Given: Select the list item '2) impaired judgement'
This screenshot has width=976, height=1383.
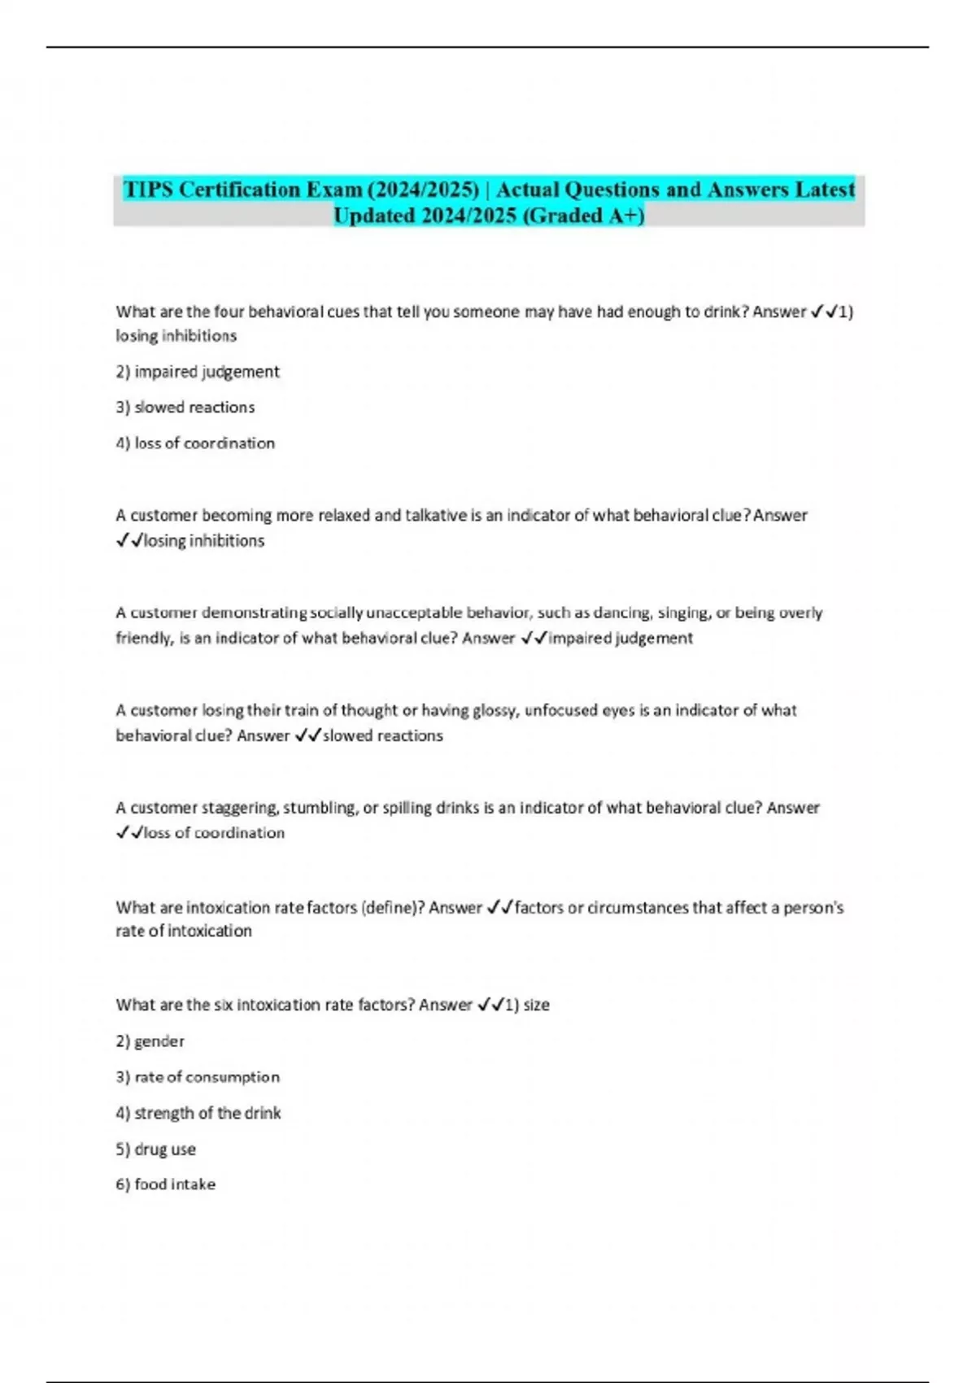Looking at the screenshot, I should pyautogui.click(x=198, y=372).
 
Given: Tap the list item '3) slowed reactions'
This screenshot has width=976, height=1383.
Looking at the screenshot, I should pyautogui.click(x=185, y=408).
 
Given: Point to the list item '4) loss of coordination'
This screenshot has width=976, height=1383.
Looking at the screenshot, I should pyautogui.click(x=195, y=443).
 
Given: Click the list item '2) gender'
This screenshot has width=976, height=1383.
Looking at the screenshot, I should pyautogui.click(x=150, y=1041).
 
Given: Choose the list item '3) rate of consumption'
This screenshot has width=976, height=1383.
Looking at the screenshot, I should pyautogui.click(x=198, y=1077).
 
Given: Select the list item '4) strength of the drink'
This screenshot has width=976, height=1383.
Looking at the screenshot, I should pyautogui.click(x=198, y=1113).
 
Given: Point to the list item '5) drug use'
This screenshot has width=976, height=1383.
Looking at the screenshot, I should pyautogui.click(x=156, y=1150).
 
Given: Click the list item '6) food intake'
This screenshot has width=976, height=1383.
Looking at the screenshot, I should pyautogui.click(x=166, y=1184).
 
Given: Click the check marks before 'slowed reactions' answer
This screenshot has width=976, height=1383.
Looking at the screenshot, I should pyautogui.click(x=307, y=735).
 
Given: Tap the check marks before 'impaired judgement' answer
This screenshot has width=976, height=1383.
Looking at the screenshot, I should pyautogui.click(x=534, y=638).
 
